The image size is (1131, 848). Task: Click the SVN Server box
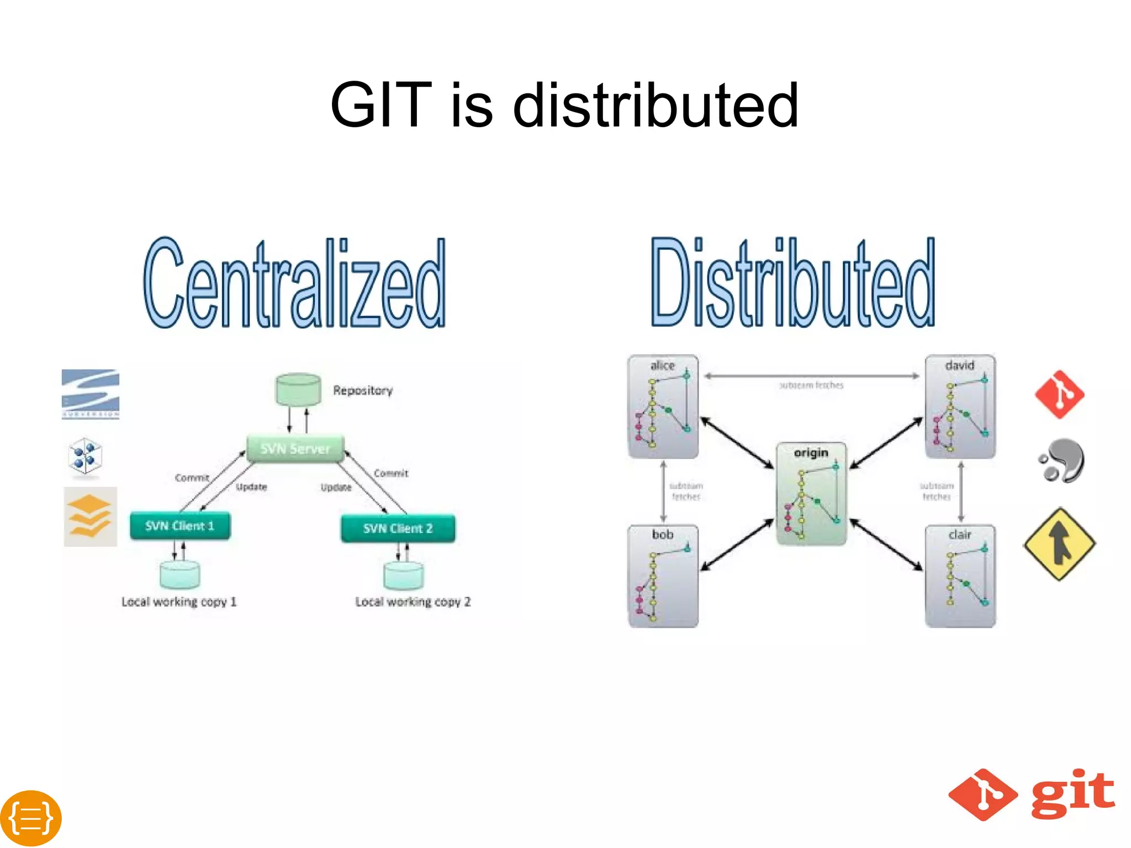295,448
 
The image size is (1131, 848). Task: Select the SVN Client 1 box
180,525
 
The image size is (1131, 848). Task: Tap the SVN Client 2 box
398,528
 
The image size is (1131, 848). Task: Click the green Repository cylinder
298,389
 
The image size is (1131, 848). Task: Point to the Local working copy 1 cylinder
179,575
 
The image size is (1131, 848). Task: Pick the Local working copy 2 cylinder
404,576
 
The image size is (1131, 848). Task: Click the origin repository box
811,493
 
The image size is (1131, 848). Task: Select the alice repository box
663,407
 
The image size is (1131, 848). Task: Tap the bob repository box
663,576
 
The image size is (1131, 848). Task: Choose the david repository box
960,407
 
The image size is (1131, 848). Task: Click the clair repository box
960,576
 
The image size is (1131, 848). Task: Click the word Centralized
294,283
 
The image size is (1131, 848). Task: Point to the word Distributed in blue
792,282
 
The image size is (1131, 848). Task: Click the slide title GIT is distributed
564,104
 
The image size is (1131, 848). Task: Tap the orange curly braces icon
31,818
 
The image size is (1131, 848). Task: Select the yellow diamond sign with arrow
1059,544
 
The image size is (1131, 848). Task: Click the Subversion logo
91,394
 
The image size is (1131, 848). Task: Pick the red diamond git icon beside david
1059,394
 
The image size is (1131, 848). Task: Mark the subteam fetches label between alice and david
811,385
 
